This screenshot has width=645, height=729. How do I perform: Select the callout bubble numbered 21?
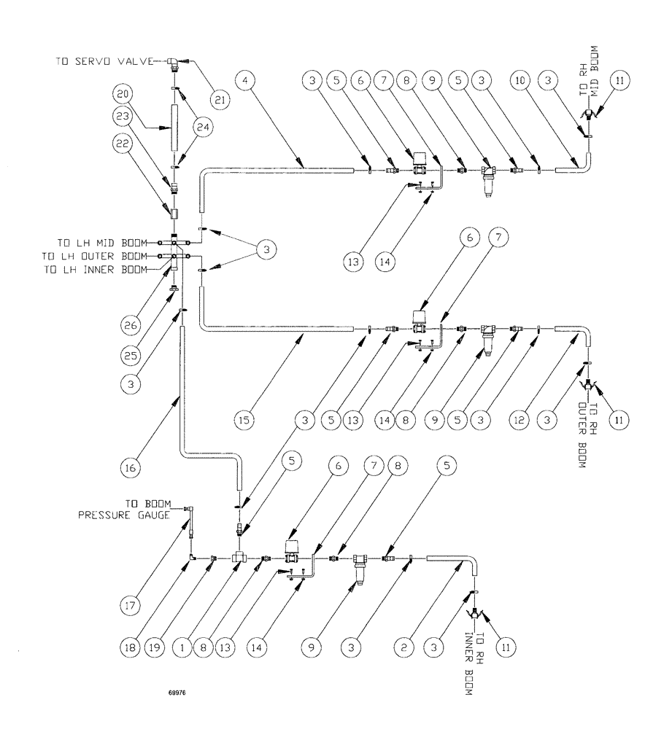pyautogui.click(x=217, y=97)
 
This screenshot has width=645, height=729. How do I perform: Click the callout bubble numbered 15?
pyautogui.click(x=244, y=421)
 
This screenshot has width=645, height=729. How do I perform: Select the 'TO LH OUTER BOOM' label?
pyautogui.click(x=103, y=256)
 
